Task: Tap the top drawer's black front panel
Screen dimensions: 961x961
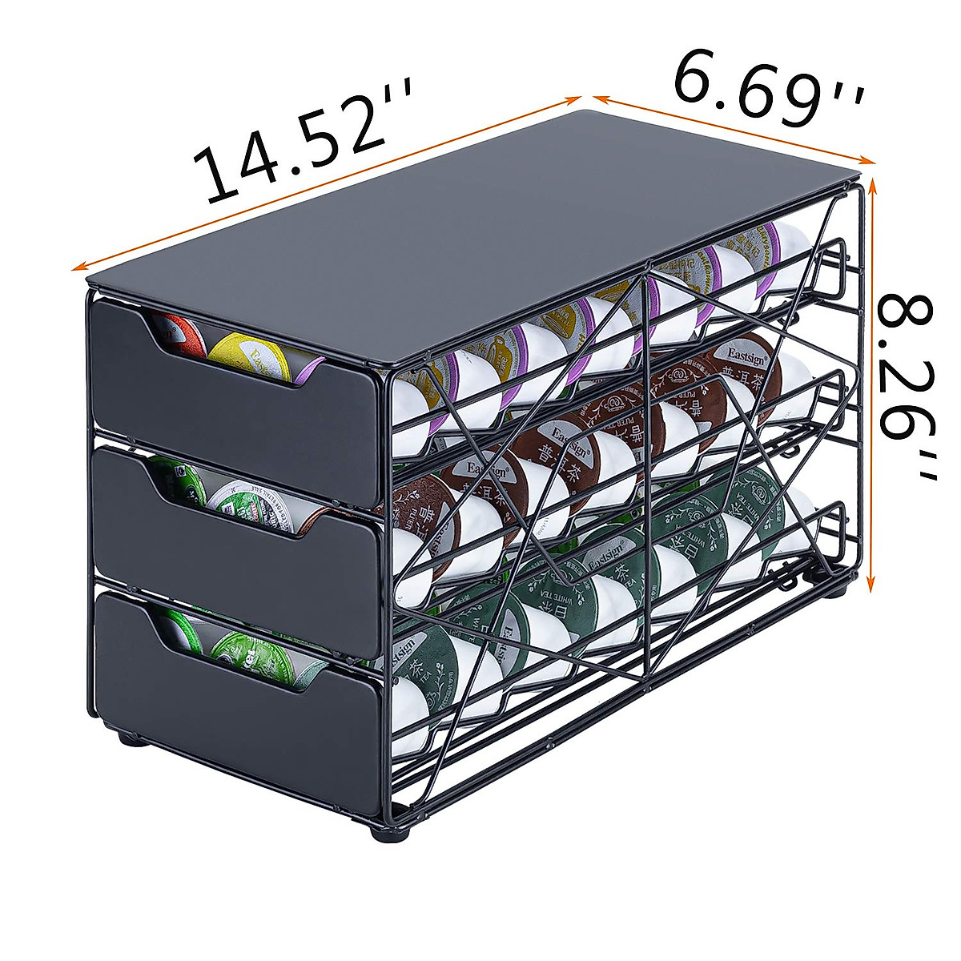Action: [x=232, y=416]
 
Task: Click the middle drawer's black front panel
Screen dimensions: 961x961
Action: [x=232, y=561]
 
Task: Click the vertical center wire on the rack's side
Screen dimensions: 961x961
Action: [x=647, y=480]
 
